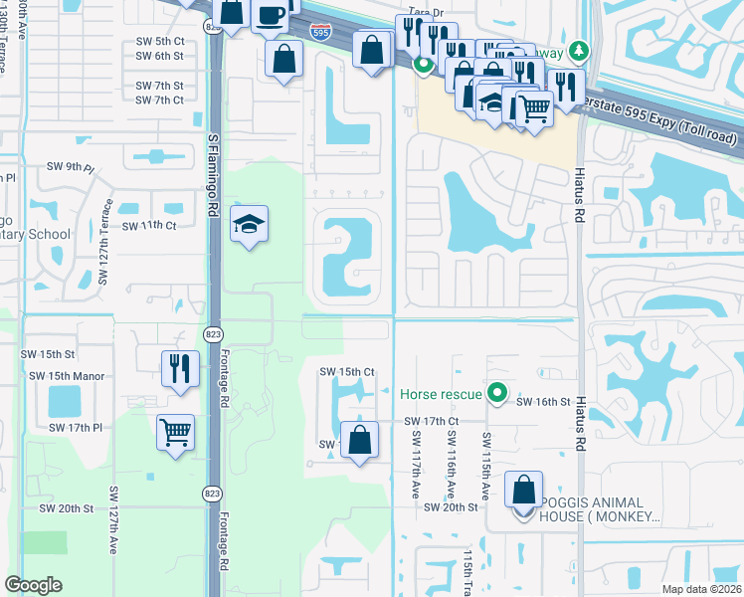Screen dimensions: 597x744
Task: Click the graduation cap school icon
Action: [250, 225]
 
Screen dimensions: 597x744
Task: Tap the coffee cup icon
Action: [272, 15]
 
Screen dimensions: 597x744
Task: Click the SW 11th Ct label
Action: [149, 226]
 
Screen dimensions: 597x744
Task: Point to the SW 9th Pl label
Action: [69, 166]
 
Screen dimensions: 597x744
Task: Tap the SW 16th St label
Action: [542, 401]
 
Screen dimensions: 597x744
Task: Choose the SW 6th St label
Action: [159, 56]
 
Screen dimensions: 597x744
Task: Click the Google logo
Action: [34, 585]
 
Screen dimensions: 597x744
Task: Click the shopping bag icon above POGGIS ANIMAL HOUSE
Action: [523, 491]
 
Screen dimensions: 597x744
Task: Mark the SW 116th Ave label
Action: [452, 466]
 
